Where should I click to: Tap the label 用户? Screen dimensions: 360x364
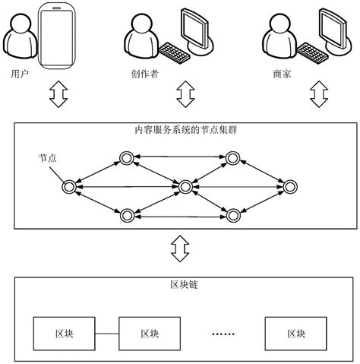pos(20,74)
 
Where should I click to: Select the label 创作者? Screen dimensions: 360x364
pos(144,74)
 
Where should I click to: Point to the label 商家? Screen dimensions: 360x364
pos(282,74)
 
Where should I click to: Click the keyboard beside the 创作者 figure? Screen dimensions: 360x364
pos(174,53)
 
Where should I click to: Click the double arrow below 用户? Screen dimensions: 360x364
pos(58,94)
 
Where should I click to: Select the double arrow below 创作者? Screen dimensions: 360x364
pos(185,94)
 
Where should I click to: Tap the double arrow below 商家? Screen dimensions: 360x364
pos(319,94)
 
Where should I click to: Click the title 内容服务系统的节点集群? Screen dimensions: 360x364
pos(186,129)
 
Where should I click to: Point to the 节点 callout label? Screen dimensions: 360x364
pos(48,157)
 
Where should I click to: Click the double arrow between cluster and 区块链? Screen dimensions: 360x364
pos(180,248)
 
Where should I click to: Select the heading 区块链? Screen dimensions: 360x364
pos(184,284)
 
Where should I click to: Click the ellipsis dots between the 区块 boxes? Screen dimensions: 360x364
pos(223,334)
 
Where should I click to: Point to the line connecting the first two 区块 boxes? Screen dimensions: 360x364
pos(107,334)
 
